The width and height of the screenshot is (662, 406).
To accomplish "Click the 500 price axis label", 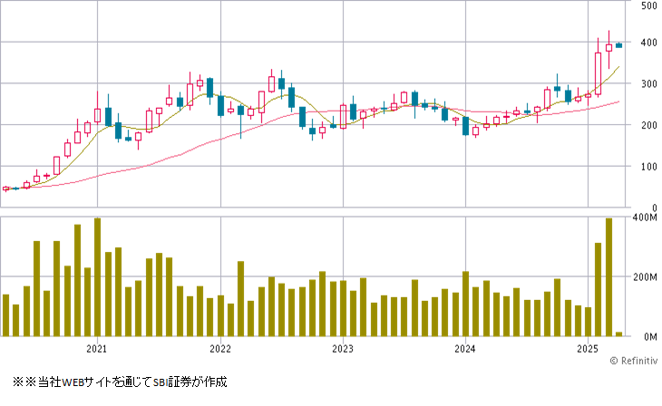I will [648, 5].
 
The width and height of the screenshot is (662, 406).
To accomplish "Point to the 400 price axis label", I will [648, 43].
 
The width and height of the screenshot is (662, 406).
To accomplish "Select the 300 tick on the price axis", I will [648, 84].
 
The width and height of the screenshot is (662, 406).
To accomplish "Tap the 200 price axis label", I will [648, 126].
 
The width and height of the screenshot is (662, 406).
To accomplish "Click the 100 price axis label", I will [648, 167].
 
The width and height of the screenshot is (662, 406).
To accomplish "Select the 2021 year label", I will [97, 349].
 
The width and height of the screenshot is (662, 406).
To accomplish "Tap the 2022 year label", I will [219, 349].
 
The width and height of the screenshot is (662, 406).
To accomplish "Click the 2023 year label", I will [342, 349].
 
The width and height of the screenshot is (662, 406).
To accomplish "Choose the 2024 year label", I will [464, 349].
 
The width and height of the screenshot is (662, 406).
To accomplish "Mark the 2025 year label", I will [587, 349].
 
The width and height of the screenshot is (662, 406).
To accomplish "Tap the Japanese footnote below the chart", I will [119, 382].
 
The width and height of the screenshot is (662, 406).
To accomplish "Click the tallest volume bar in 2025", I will [608, 277].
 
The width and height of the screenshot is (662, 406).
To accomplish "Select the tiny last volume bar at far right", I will [618, 333].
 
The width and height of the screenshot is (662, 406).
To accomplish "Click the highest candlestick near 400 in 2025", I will [608, 45].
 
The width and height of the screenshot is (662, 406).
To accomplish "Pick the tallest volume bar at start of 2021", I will [97, 277].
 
